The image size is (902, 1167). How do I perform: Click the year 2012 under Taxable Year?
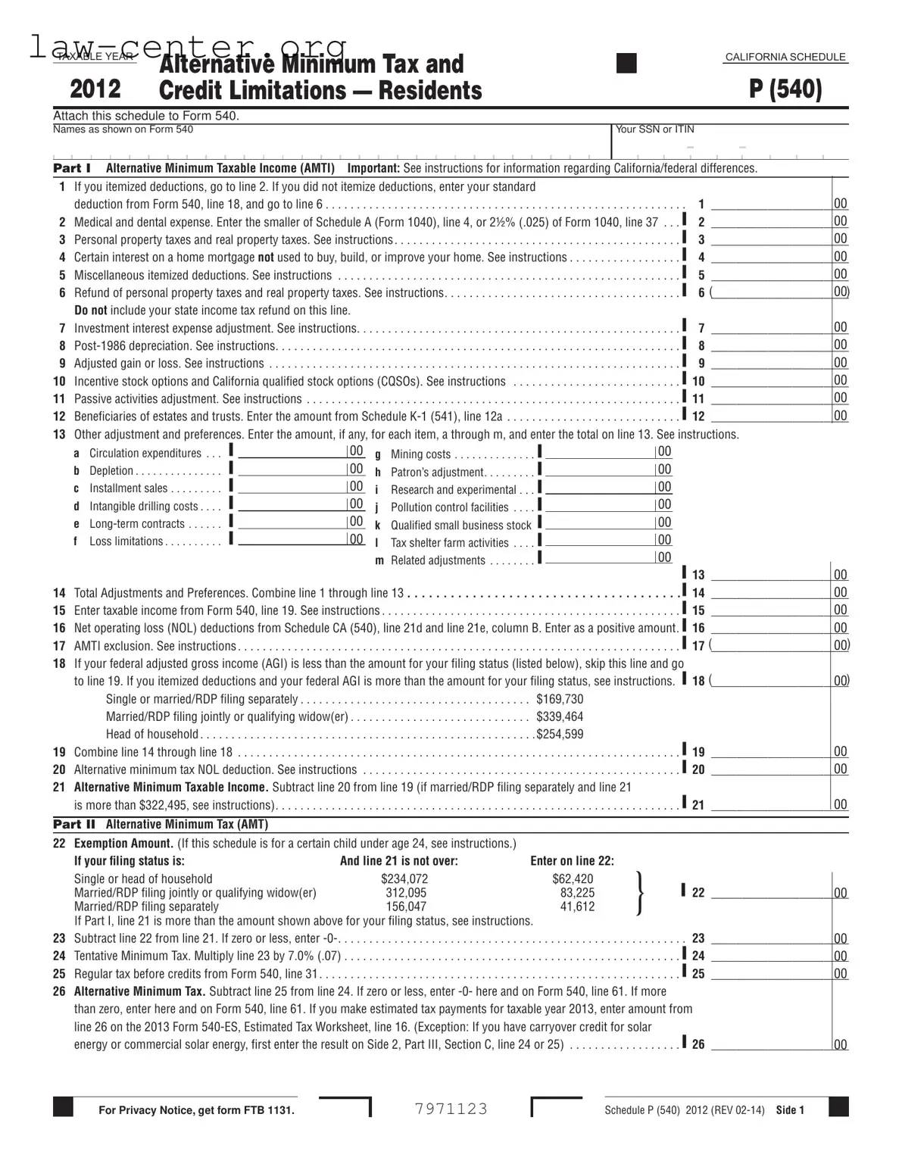pyautogui.click(x=95, y=89)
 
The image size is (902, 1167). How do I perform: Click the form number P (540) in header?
pyautogui.click(x=785, y=89)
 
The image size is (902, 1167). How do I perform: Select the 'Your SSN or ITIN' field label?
pyautogui.click(x=654, y=129)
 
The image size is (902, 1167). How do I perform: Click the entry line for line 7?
pyautogui.click(x=769, y=328)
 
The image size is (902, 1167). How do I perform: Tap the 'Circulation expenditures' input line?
pyautogui.click(x=291, y=452)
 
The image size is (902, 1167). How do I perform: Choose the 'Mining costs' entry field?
pyautogui.click(x=598, y=453)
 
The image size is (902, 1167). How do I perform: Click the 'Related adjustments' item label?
pyautogui.click(x=438, y=560)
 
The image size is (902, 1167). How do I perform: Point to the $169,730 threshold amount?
pyautogui.click(x=560, y=699)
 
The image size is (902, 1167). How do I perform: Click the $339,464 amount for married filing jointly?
pyautogui.click(x=560, y=716)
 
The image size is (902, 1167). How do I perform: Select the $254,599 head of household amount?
pyautogui.click(x=560, y=734)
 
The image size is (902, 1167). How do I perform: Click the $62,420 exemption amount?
pyautogui.click(x=573, y=878)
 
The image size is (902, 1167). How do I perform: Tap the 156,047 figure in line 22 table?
pyautogui.click(x=406, y=906)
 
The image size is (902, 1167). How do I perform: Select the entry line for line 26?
pyautogui.click(x=769, y=1044)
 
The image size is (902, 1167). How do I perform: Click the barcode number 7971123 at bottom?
pyautogui.click(x=451, y=1109)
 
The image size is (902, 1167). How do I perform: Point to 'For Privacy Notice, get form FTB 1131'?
pyautogui.click(x=196, y=1110)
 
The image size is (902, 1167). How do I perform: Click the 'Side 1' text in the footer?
pyautogui.click(x=790, y=1110)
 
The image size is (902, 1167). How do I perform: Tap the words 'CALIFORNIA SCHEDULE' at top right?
pyautogui.click(x=785, y=58)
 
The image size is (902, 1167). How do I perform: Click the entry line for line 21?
pyautogui.click(x=769, y=805)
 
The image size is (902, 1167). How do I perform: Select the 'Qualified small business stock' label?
pyautogui.click(x=460, y=525)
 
